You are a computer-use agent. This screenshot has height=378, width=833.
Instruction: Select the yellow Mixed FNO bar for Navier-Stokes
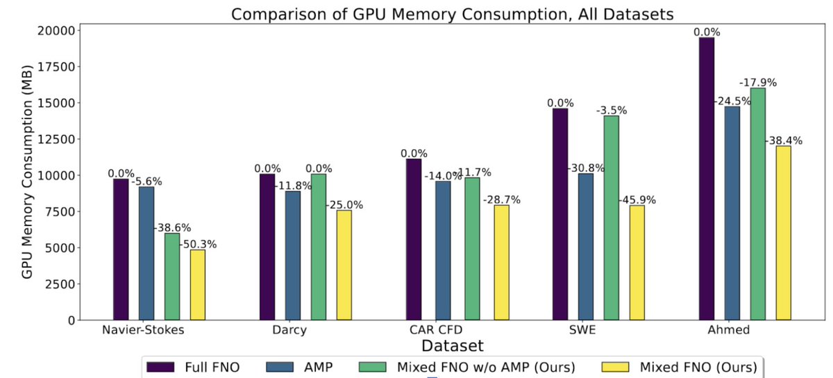[x=198, y=285]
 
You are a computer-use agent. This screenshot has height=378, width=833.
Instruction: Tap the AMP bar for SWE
[x=585, y=247]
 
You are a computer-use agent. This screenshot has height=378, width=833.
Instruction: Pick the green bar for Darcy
[x=319, y=247]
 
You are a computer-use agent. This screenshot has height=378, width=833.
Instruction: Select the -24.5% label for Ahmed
[x=730, y=101]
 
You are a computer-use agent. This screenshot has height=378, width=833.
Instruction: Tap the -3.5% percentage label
[x=612, y=110]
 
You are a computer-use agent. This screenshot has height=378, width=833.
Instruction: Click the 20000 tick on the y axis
[x=56, y=31]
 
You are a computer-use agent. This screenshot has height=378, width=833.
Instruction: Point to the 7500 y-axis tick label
[x=59, y=212]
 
